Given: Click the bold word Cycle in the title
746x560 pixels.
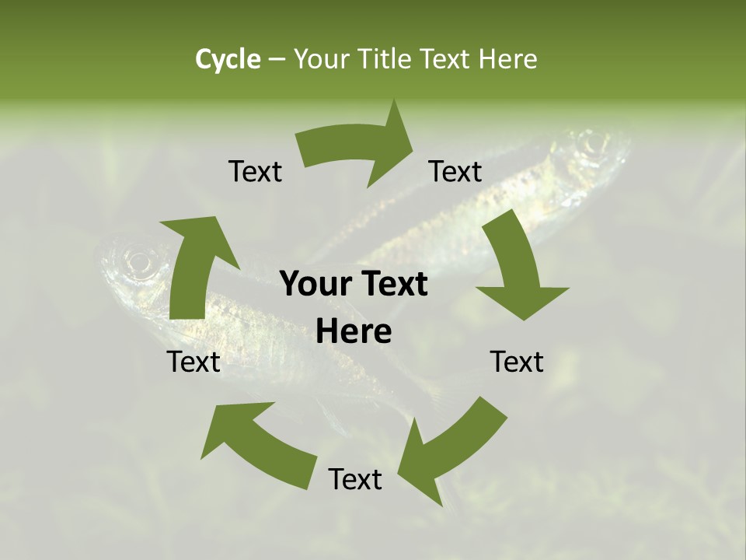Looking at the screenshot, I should click(228, 59).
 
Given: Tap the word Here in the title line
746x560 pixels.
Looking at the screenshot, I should click(507, 59).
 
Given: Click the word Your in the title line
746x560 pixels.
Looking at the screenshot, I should click(322, 59).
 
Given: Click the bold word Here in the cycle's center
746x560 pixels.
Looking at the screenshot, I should click(354, 332).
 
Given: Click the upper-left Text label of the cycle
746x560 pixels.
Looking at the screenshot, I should click(255, 171).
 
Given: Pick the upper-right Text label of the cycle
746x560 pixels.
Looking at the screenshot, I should click(455, 171).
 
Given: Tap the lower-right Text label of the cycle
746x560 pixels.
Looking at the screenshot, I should click(517, 362).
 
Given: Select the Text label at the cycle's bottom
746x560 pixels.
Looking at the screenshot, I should click(355, 479).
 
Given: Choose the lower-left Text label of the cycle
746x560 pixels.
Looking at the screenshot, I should click(193, 362).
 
